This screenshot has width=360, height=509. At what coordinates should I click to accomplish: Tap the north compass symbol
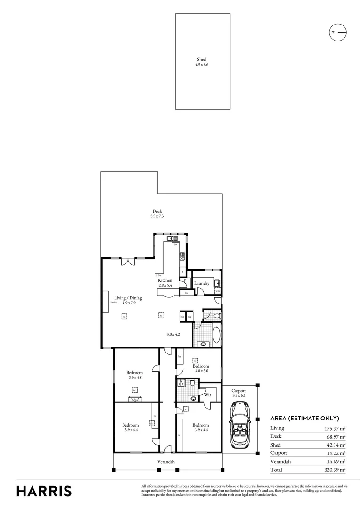pos(337,32)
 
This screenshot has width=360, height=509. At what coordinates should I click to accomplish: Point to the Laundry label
pos(201,283)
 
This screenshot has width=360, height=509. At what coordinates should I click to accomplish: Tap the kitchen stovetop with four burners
pos(181,257)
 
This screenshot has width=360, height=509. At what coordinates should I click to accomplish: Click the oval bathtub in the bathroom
pos(216,335)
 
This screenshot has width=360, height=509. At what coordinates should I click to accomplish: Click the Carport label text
pos(239,391)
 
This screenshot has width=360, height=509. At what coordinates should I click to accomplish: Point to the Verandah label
pos(166,462)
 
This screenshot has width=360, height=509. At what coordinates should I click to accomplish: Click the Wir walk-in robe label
pos(207,394)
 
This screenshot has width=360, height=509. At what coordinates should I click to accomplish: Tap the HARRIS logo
pos(44,491)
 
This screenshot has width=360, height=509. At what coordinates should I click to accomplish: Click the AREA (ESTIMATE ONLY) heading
pos(304,418)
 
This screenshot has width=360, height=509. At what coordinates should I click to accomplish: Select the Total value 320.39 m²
pos(334,470)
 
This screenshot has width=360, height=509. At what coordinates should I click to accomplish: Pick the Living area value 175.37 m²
pos(334,428)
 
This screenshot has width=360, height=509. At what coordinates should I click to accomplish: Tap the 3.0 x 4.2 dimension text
pos(174,334)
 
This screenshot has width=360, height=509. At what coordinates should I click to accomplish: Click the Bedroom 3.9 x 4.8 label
pos(134,375)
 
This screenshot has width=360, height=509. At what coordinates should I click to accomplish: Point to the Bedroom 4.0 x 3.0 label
pos(201,368)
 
